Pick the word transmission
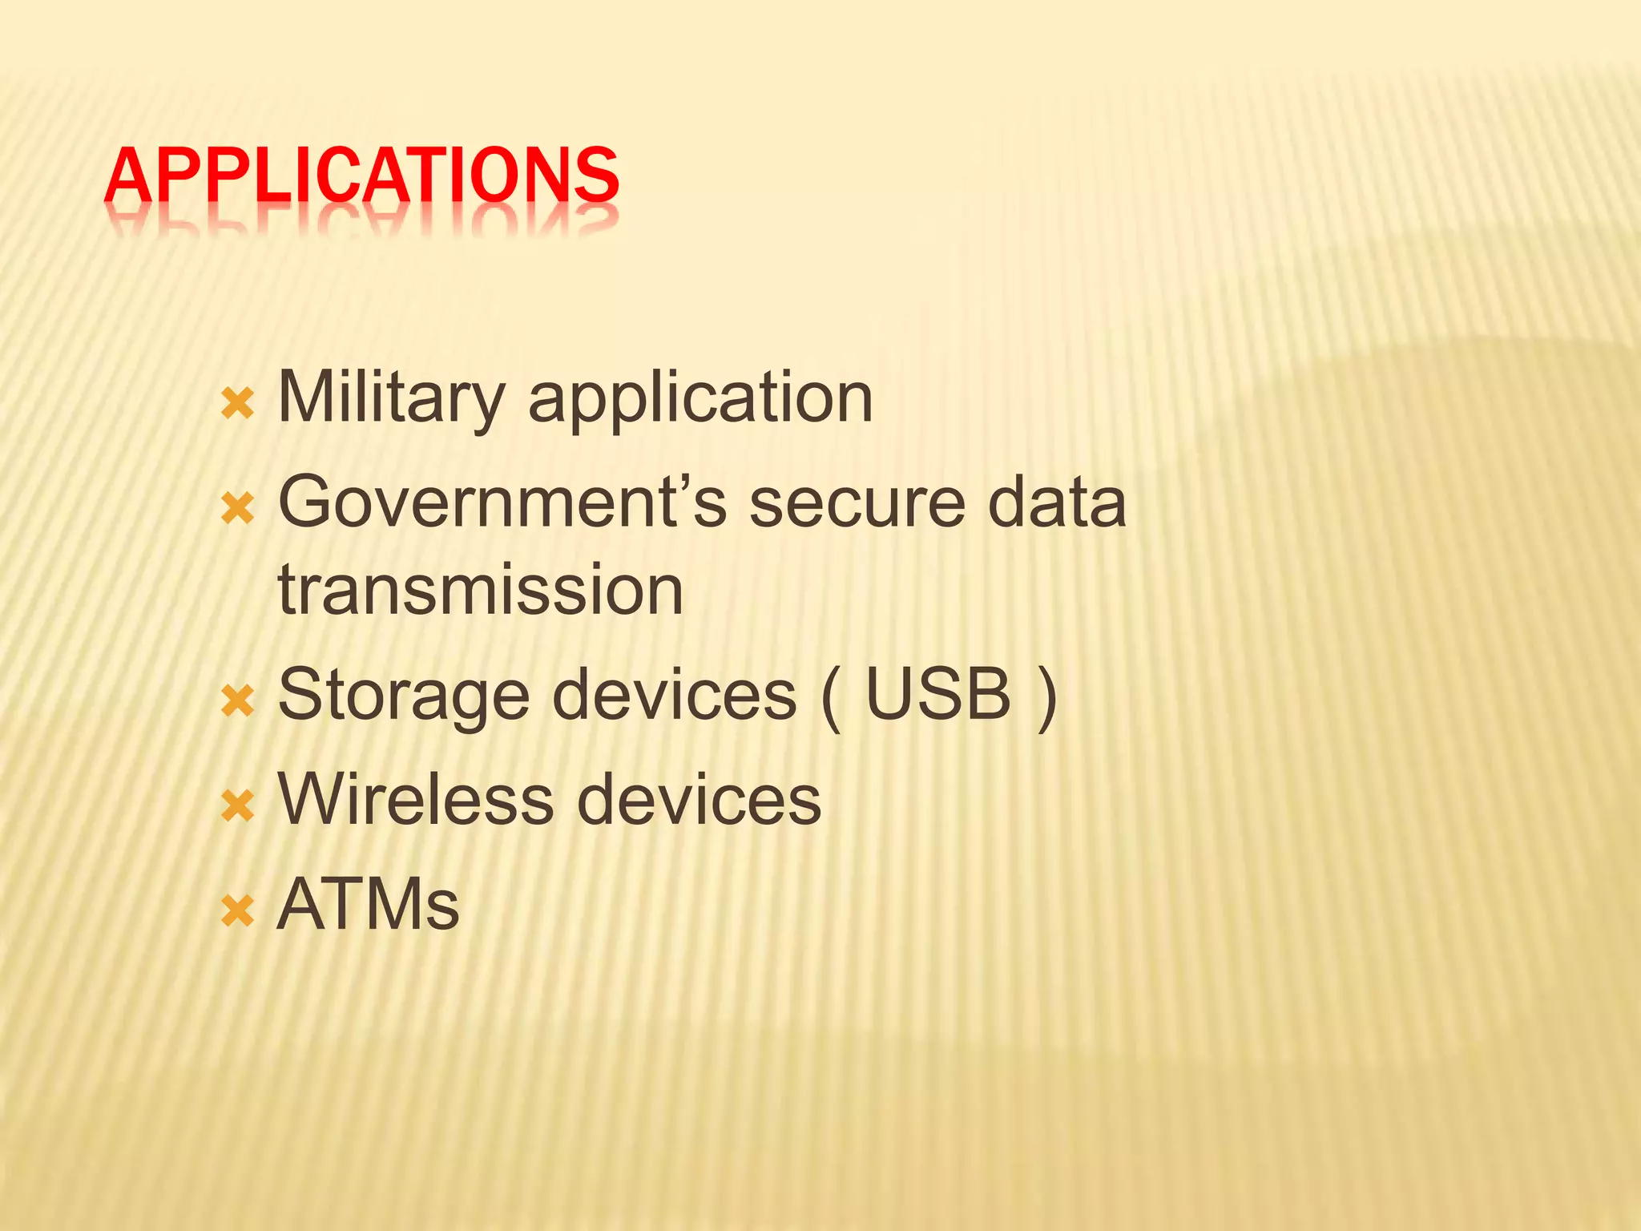(480, 591)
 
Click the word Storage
(403, 695)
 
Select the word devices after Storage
(675, 695)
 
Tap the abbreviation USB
(938, 695)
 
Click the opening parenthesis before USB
(831, 697)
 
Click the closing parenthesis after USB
(1046, 697)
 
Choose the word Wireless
(415, 799)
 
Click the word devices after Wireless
(699, 799)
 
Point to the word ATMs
(368, 905)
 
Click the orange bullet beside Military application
(237, 404)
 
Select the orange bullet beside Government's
(237, 508)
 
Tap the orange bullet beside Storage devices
(237, 700)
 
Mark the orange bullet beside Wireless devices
(237, 805)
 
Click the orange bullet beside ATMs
(237, 911)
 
